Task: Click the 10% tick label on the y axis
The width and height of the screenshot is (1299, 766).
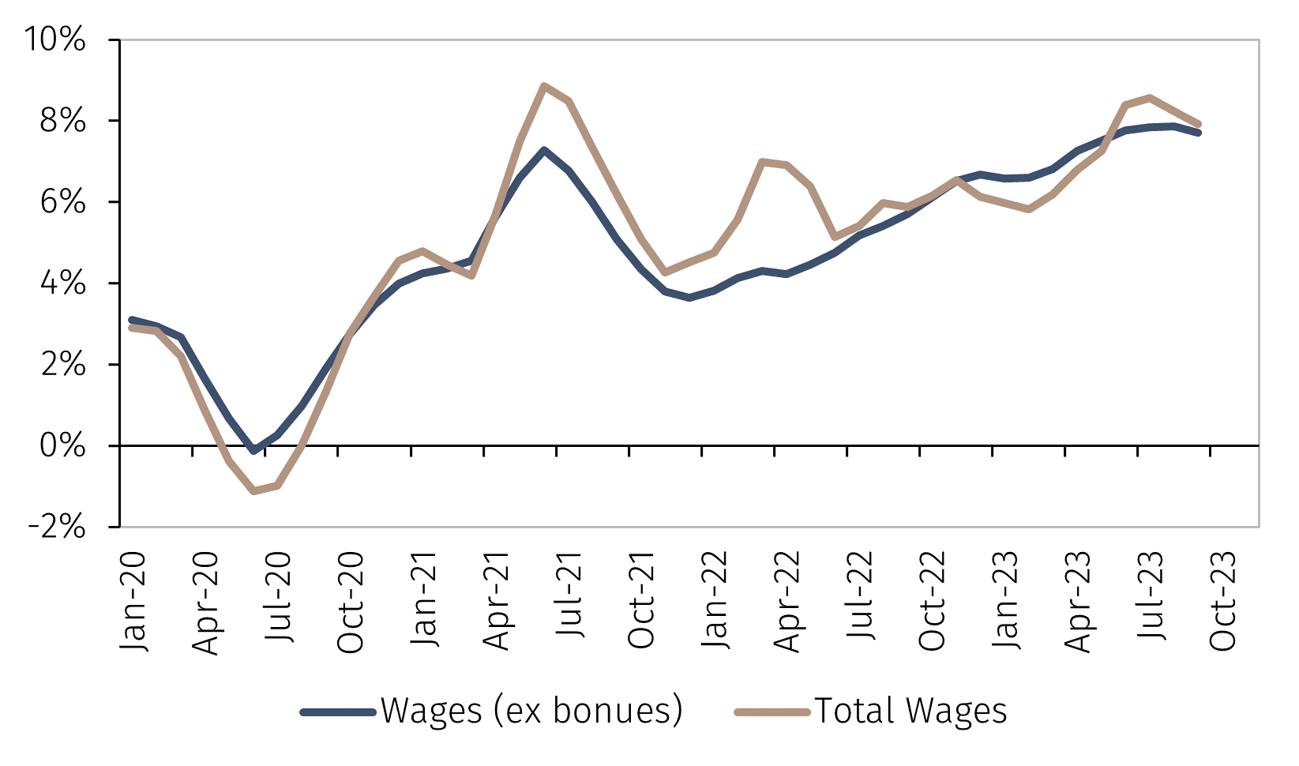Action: [x=55, y=39]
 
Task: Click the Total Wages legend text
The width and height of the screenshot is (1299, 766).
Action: [x=910, y=711]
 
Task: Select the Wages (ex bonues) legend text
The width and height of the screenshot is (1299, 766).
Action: [x=531, y=711]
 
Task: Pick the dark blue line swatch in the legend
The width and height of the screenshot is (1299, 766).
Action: [x=338, y=712]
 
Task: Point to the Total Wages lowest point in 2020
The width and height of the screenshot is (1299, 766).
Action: [x=253, y=491]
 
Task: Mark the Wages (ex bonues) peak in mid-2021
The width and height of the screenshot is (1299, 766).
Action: [x=544, y=150]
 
